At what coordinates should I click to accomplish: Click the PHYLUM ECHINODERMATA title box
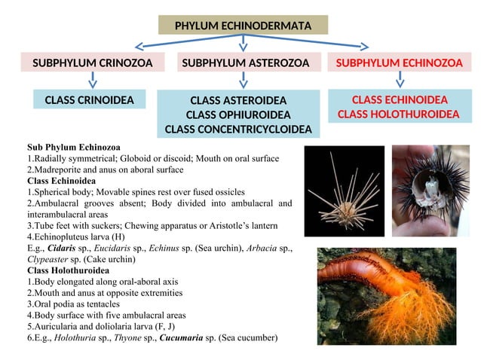tap(243, 26)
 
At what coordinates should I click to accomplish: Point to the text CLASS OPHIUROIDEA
tap(238, 114)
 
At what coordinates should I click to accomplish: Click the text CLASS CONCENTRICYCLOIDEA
tap(238, 130)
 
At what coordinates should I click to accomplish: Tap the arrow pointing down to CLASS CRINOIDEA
tap(90, 80)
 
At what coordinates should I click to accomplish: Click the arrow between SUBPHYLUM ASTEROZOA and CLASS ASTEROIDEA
tap(243, 80)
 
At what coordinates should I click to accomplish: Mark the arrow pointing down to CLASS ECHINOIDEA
tap(400, 80)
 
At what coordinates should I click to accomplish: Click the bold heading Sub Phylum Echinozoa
tap(74, 147)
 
